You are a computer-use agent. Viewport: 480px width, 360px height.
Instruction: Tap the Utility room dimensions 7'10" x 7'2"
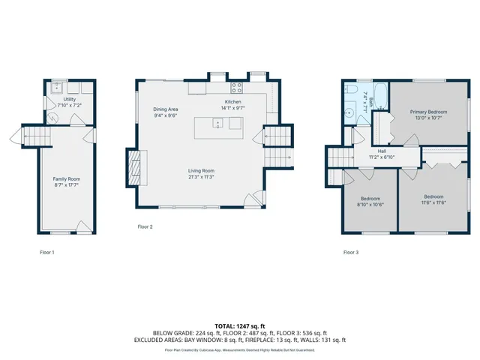(x=69, y=105)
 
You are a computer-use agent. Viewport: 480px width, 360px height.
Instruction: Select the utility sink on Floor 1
(x=55, y=88)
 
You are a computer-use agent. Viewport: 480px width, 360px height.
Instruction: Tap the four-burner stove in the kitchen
(x=235, y=85)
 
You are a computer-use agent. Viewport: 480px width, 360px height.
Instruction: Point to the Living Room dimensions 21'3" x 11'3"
(x=201, y=177)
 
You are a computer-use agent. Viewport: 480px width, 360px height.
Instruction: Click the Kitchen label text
(x=233, y=102)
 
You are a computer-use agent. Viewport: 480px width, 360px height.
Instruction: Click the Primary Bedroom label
(x=428, y=111)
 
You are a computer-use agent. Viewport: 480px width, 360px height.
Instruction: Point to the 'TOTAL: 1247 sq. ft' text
(x=239, y=326)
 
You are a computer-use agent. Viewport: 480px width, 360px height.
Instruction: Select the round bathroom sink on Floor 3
(x=349, y=115)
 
